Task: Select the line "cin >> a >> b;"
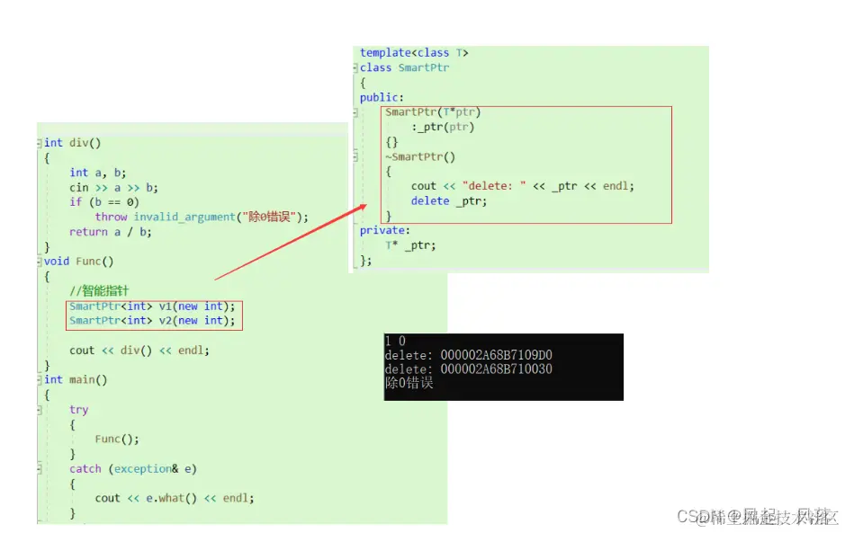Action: click(x=113, y=187)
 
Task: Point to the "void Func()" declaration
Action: click(x=79, y=261)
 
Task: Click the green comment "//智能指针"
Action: click(x=99, y=290)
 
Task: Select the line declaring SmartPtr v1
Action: click(x=152, y=306)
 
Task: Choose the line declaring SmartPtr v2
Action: click(x=152, y=320)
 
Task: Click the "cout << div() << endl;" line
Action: click(x=139, y=350)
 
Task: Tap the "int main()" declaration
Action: click(x=76, y=379)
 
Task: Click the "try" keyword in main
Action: click(x=79, y=409)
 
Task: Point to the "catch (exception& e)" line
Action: click(x=132, y=468)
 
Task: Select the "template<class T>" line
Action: click(x=414, y=53)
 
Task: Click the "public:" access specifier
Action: click(x=382, y=97)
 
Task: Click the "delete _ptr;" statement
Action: click(x=448, y=200)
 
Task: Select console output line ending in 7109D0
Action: click(x=468, y=355)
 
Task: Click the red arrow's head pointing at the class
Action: click(x=364, y=207)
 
